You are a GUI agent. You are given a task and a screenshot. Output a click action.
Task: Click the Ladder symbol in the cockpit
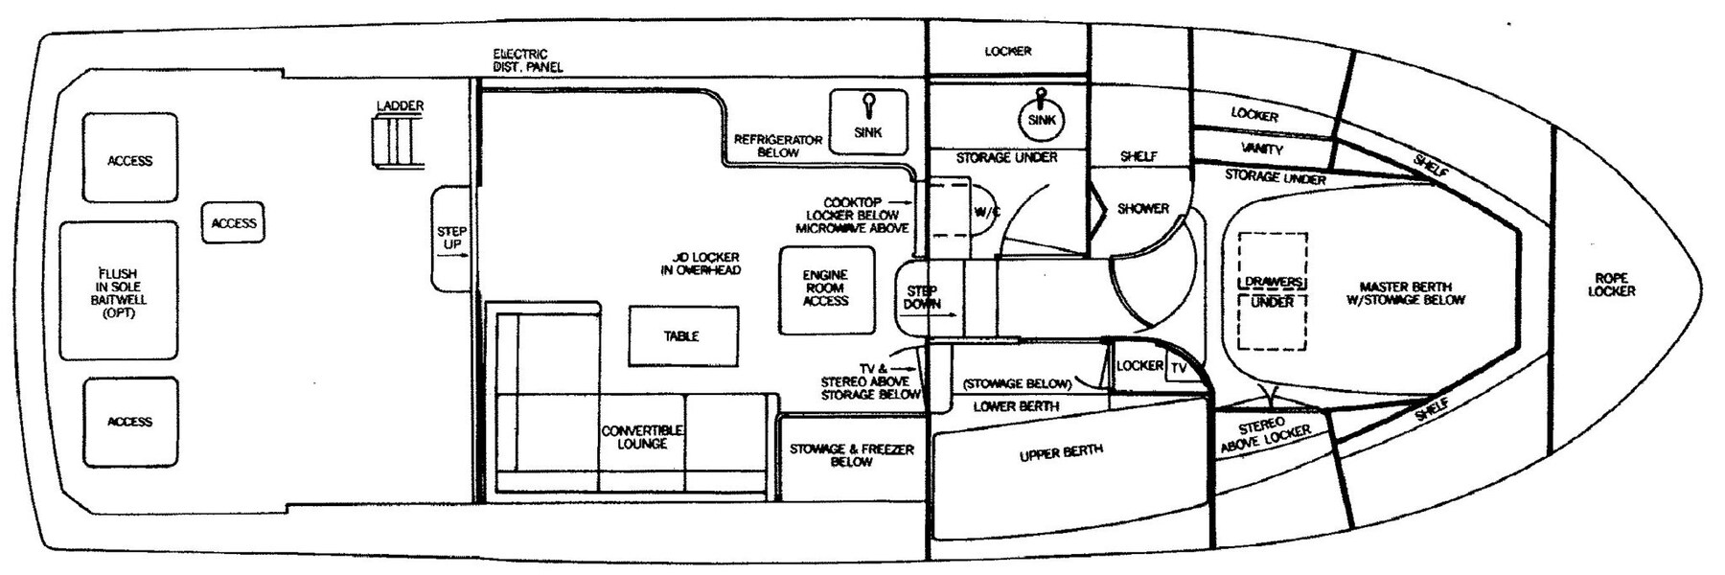[x=395, y=142]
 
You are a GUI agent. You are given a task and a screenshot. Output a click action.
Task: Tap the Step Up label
[x=451, y=238]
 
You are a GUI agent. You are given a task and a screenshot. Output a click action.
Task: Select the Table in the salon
[x=682, y=336]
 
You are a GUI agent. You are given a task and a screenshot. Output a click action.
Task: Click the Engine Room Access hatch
[x=825, y=288]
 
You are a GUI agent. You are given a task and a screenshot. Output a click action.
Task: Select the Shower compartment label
[x=1143, y=208]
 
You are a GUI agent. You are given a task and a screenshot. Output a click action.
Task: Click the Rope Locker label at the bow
[x=1611, y=285]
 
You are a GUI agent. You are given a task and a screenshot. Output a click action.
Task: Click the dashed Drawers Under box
[x=1273, y=291]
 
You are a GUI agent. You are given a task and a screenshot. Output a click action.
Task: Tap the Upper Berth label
[x=1061, y=452]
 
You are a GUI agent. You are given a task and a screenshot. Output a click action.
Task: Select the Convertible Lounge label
[x=642, y=437]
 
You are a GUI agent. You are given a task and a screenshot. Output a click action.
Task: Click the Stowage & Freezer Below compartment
[x=851, y=455]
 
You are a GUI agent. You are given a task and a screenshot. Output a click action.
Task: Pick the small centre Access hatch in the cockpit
[x=234, y=223]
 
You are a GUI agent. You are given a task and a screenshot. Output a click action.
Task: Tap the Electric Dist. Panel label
[x=527, y=60]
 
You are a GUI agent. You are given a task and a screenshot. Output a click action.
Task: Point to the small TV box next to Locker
[x=1179, y=368]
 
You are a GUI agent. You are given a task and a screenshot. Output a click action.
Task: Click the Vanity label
[x=1262, y=149]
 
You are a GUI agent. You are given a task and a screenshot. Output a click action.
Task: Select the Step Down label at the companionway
[x=921, y=297]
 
